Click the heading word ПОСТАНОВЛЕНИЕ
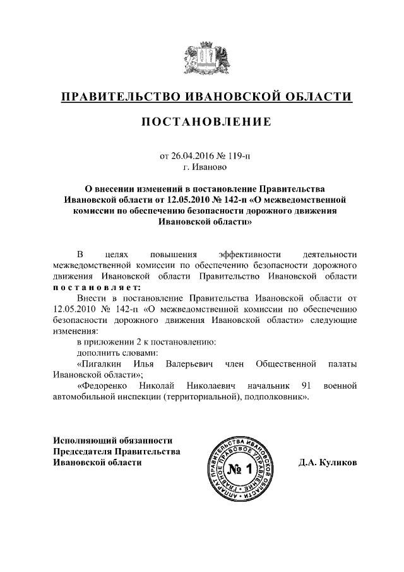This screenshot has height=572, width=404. [202, 121]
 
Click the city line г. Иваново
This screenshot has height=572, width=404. [202, 167]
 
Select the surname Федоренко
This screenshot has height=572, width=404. [104, 385]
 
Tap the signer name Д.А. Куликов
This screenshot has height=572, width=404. [328, 462]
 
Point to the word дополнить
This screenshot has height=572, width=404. [97, 352]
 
